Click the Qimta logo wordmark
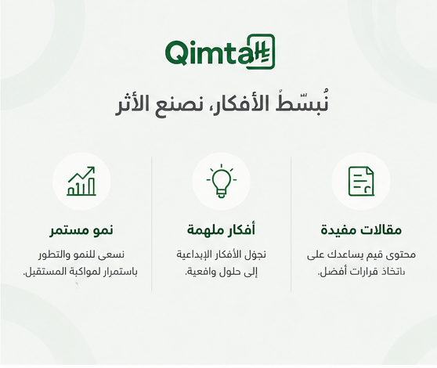coord(220,52)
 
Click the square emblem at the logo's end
coord(261,52)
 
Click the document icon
coord(361,182)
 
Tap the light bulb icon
coord(222,181)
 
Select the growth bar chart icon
coord(81,182)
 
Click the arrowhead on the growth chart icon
coord(92,169)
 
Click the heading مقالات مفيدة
coord(361,230)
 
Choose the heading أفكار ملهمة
coord(221,230)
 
